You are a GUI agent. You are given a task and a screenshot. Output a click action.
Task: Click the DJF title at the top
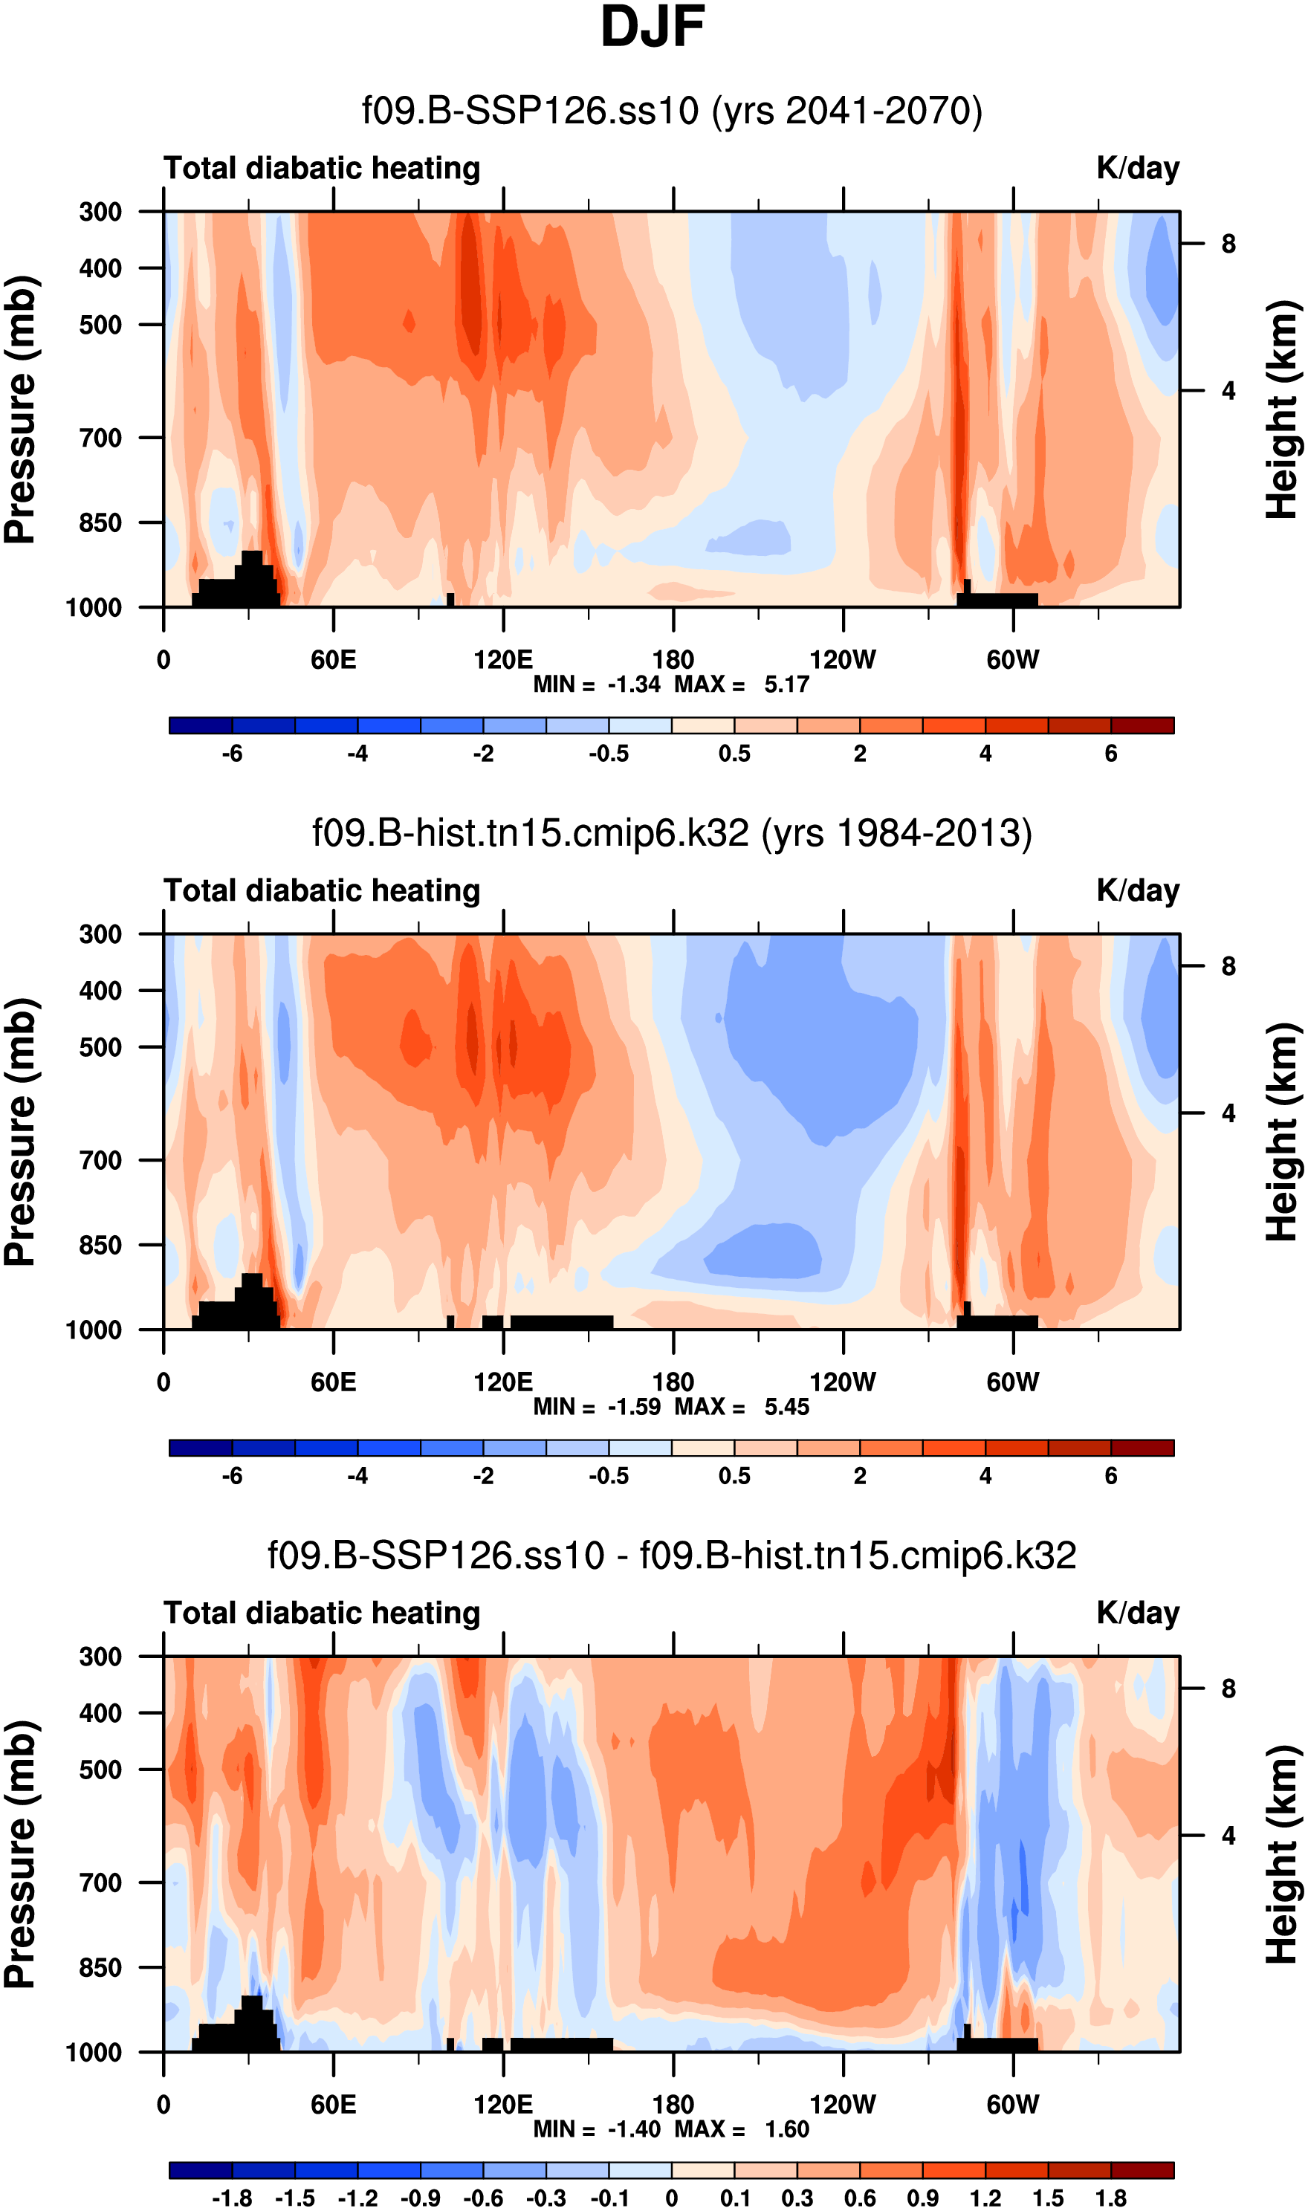[x=653, y=28]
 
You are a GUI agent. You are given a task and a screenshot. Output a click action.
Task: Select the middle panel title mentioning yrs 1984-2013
[x=672, y=833]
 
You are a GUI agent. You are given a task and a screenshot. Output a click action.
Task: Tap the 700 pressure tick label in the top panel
[x=100, y=438]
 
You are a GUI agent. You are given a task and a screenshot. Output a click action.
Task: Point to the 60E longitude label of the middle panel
[x=333, y=1382]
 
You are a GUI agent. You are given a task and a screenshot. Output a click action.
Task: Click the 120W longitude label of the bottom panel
[x=843, y=2105]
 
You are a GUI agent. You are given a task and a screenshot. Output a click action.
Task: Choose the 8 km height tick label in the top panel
[x=1228, y=244]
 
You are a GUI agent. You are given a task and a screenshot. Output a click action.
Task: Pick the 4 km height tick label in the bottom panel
[x=1228, y=1836]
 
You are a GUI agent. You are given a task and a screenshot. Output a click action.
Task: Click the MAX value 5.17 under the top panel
[x=786, y=684]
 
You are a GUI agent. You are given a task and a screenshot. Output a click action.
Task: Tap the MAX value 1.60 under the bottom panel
[x=786, y=2129]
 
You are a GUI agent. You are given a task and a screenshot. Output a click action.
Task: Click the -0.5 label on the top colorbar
[x=609, y=754]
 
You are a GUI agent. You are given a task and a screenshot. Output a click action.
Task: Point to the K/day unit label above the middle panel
[x=1137, y=891]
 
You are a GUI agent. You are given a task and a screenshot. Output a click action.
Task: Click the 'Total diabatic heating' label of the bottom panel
[x=322, y=1613]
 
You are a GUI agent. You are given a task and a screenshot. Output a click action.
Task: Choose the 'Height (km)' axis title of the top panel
[x=1283, y=409]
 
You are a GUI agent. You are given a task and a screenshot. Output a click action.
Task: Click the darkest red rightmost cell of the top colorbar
[x=1142, y=725]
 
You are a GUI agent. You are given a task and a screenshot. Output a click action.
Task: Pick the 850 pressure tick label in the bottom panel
[x=100, y=1967]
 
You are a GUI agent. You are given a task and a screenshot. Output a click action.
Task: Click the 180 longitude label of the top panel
[x=673, y=660]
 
